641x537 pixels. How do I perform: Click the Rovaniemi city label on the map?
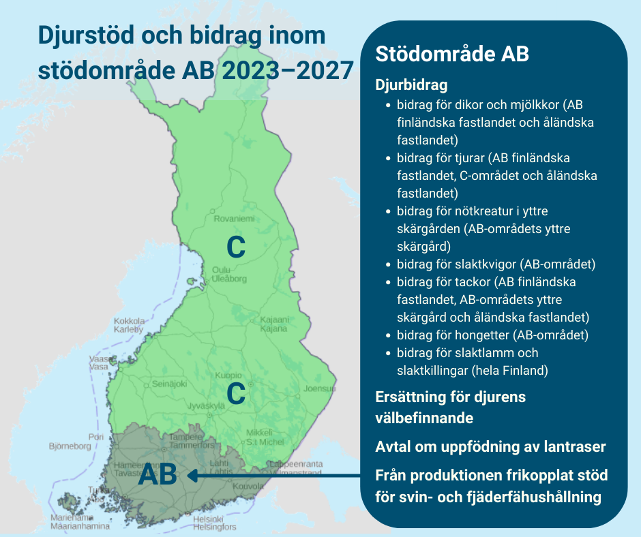pos(234,219)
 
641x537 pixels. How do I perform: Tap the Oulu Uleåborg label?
pos(228,274)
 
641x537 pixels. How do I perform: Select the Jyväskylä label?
pos(205,405)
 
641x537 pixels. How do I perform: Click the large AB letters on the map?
pos(157,475)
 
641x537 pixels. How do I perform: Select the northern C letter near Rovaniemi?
pos(235,247)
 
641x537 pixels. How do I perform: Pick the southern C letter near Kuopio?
pos(236,393)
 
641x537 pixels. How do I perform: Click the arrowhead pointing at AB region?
pos(192,476)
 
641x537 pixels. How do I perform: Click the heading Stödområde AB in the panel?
pos(452,55)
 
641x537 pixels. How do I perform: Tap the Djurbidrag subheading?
pos(412,86)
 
